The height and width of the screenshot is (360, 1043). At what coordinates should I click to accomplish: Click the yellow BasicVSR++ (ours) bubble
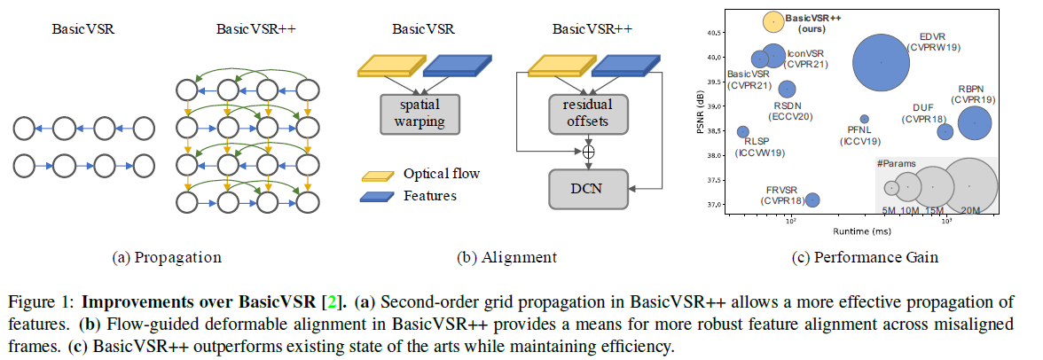click(x=773, y=20)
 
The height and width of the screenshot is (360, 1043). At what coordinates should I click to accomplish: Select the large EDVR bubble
click(x=881, y=62)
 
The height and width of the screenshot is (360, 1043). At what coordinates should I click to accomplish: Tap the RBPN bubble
click(x=976, y=123)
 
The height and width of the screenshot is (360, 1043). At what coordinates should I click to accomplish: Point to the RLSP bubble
click(x=742, y=132)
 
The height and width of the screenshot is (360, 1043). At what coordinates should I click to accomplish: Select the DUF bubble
click(x=945, y=132)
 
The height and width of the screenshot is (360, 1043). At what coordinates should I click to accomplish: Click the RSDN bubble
click(x=787, y=89)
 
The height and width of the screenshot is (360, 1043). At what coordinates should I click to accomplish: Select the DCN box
click(x=587, y=188)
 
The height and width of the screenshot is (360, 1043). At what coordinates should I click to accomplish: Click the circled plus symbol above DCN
click(x=587, y=152)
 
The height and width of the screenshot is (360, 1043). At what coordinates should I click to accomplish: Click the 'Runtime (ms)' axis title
click(x=861, y=231)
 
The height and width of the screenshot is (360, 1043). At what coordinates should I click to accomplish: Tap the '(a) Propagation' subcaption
click(x=167, y=258)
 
